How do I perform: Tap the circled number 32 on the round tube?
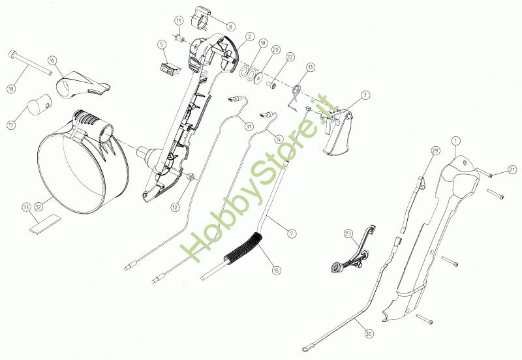point(38,207)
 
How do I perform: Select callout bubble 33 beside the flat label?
point(26,207)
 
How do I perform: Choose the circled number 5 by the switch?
point(161,44)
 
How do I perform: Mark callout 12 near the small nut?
point(175,207)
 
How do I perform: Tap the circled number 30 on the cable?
point(369,334)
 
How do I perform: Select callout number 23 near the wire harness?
point(348,233)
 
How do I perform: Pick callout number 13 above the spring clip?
point(310,67)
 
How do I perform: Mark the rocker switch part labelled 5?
point(170,66)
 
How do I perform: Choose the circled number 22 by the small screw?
point(290,57)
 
